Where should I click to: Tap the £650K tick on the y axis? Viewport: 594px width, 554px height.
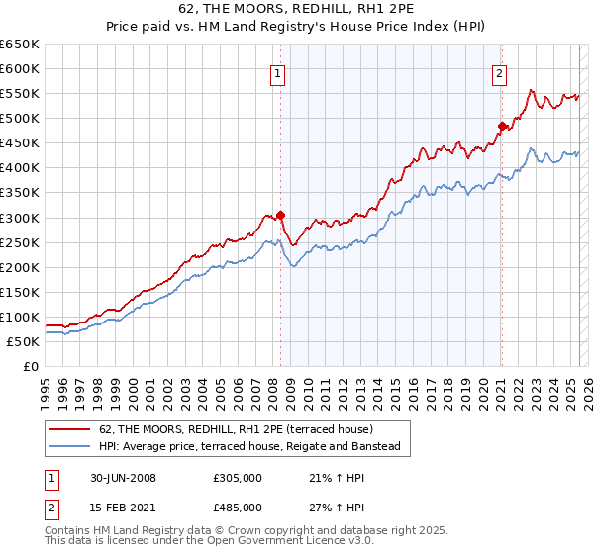coord(21,45)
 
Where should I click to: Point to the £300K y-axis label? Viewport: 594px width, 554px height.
coord(21,218)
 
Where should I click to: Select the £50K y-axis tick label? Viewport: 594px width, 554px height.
coord(25,341)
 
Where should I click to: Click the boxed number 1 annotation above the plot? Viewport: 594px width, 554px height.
coord(277,72)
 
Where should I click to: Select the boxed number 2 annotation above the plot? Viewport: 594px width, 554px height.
coord(500,72)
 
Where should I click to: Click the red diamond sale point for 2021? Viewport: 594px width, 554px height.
coord(502,126)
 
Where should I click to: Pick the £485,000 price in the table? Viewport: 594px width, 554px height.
coord(238,507)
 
